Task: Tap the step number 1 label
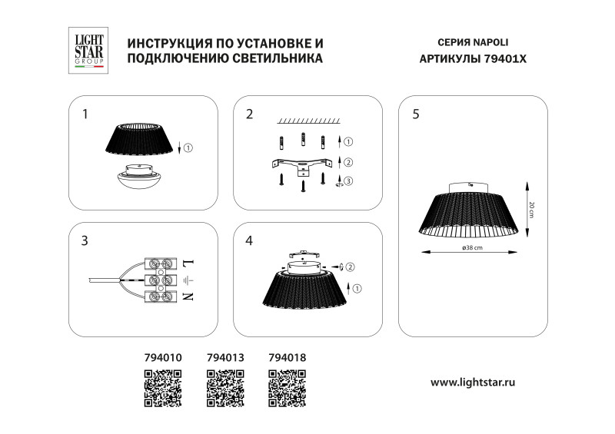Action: click(85, 114)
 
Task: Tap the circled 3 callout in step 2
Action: click(348, 181)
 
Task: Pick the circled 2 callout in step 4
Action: click(350, 267)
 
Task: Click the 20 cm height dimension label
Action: click(531, 208)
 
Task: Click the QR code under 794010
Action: click(163, 386)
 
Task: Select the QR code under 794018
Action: click(288, 386)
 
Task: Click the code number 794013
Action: click(225, 357)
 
